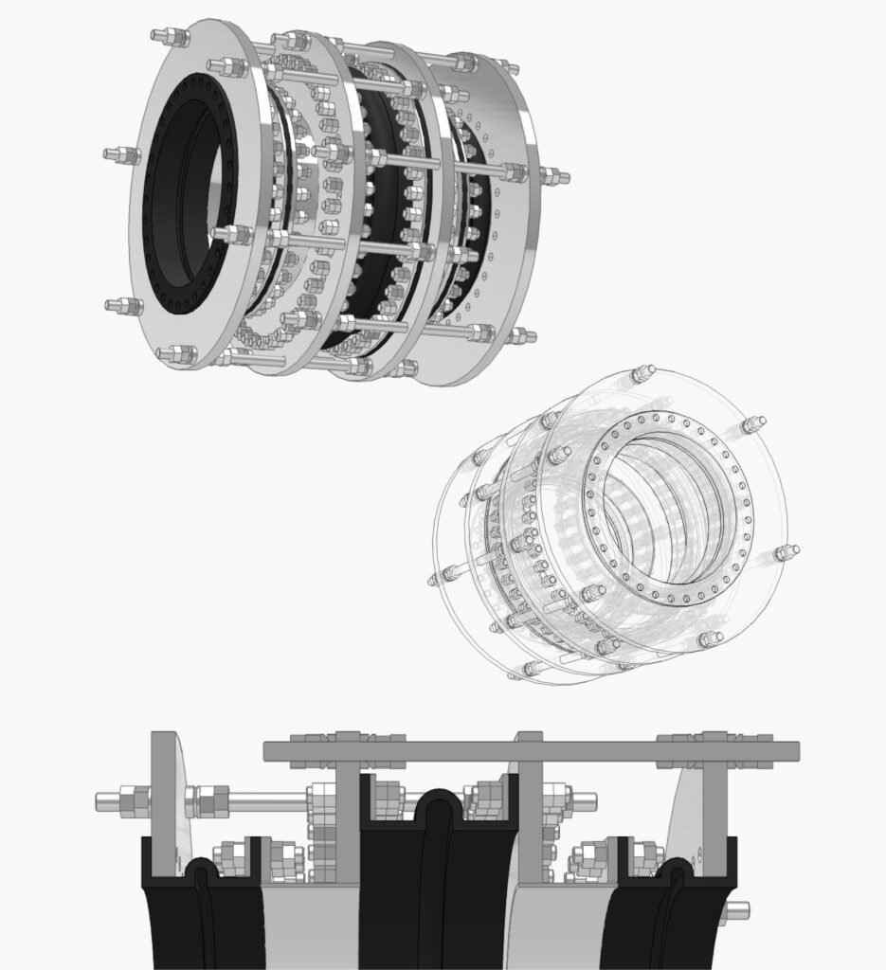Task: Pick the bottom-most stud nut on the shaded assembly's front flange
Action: click(x=176, y=354)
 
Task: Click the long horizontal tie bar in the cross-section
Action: click(x=531, y=752)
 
